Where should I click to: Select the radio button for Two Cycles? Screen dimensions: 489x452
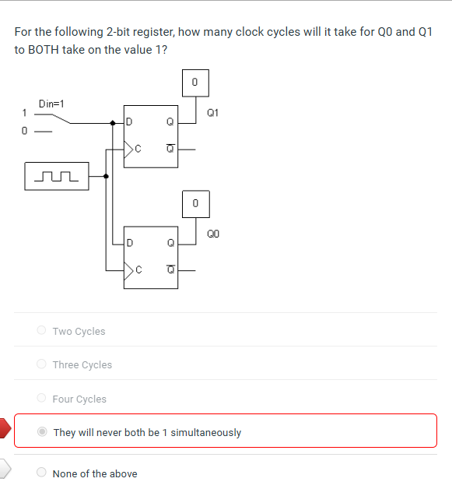(x=41, y=331)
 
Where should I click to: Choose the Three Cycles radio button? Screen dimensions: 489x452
(x=41, y=364)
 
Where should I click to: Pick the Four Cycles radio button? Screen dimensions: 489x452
(x=41, y=399)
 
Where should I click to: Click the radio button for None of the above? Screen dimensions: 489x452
(x=41, y=473)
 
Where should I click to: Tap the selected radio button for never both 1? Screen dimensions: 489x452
(x=42, y=432)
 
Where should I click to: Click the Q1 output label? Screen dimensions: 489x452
(x=213, y=112)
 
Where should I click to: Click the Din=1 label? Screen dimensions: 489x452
(x=51, y=103)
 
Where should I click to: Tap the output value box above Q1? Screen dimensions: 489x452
(x=195, y=83)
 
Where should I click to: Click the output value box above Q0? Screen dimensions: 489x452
(x=195, y=203)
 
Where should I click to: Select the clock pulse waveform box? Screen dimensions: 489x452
(x=57, y=176)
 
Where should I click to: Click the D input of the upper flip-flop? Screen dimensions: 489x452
(x=129, y=121)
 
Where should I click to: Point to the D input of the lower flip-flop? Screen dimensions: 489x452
(x=129, y=242)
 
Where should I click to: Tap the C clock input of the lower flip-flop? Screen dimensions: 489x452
(x=135, y=269)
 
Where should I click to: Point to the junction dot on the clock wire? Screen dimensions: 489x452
(x=106, y=176)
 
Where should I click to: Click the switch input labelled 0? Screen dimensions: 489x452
(x=25, y=130)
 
